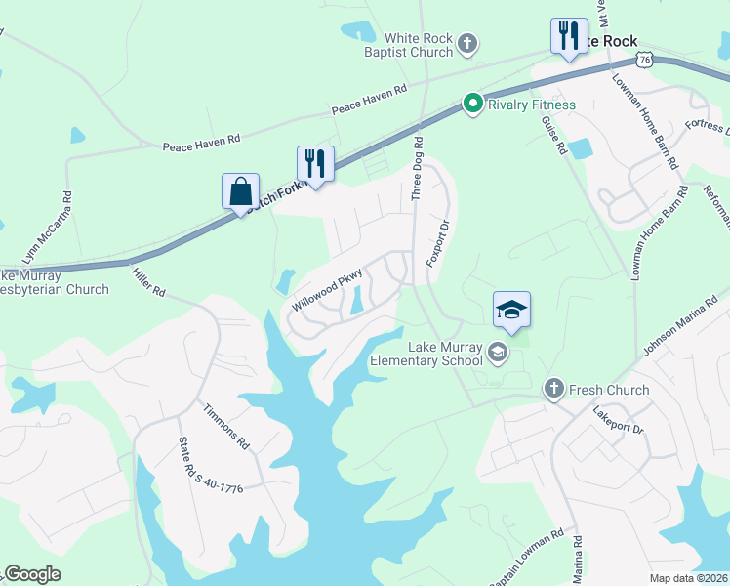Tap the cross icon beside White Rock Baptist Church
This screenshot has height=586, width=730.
pos(468,43)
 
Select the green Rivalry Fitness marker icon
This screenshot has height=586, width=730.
pos(473,104)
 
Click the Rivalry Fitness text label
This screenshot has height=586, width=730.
pos(532,105)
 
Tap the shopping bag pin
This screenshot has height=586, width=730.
pos(240,191)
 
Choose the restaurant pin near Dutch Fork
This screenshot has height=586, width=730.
pos(315,162)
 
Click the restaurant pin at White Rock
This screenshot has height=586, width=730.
pos(569,35)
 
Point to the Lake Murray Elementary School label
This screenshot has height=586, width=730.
pos(425,353)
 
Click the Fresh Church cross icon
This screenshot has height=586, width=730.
pos(554,390)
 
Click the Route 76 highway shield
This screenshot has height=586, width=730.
pos(645,60)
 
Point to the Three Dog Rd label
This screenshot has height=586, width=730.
pos(418,168)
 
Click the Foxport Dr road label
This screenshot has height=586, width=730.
pos(436,241)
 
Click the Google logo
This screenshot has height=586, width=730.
pos(32,574)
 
